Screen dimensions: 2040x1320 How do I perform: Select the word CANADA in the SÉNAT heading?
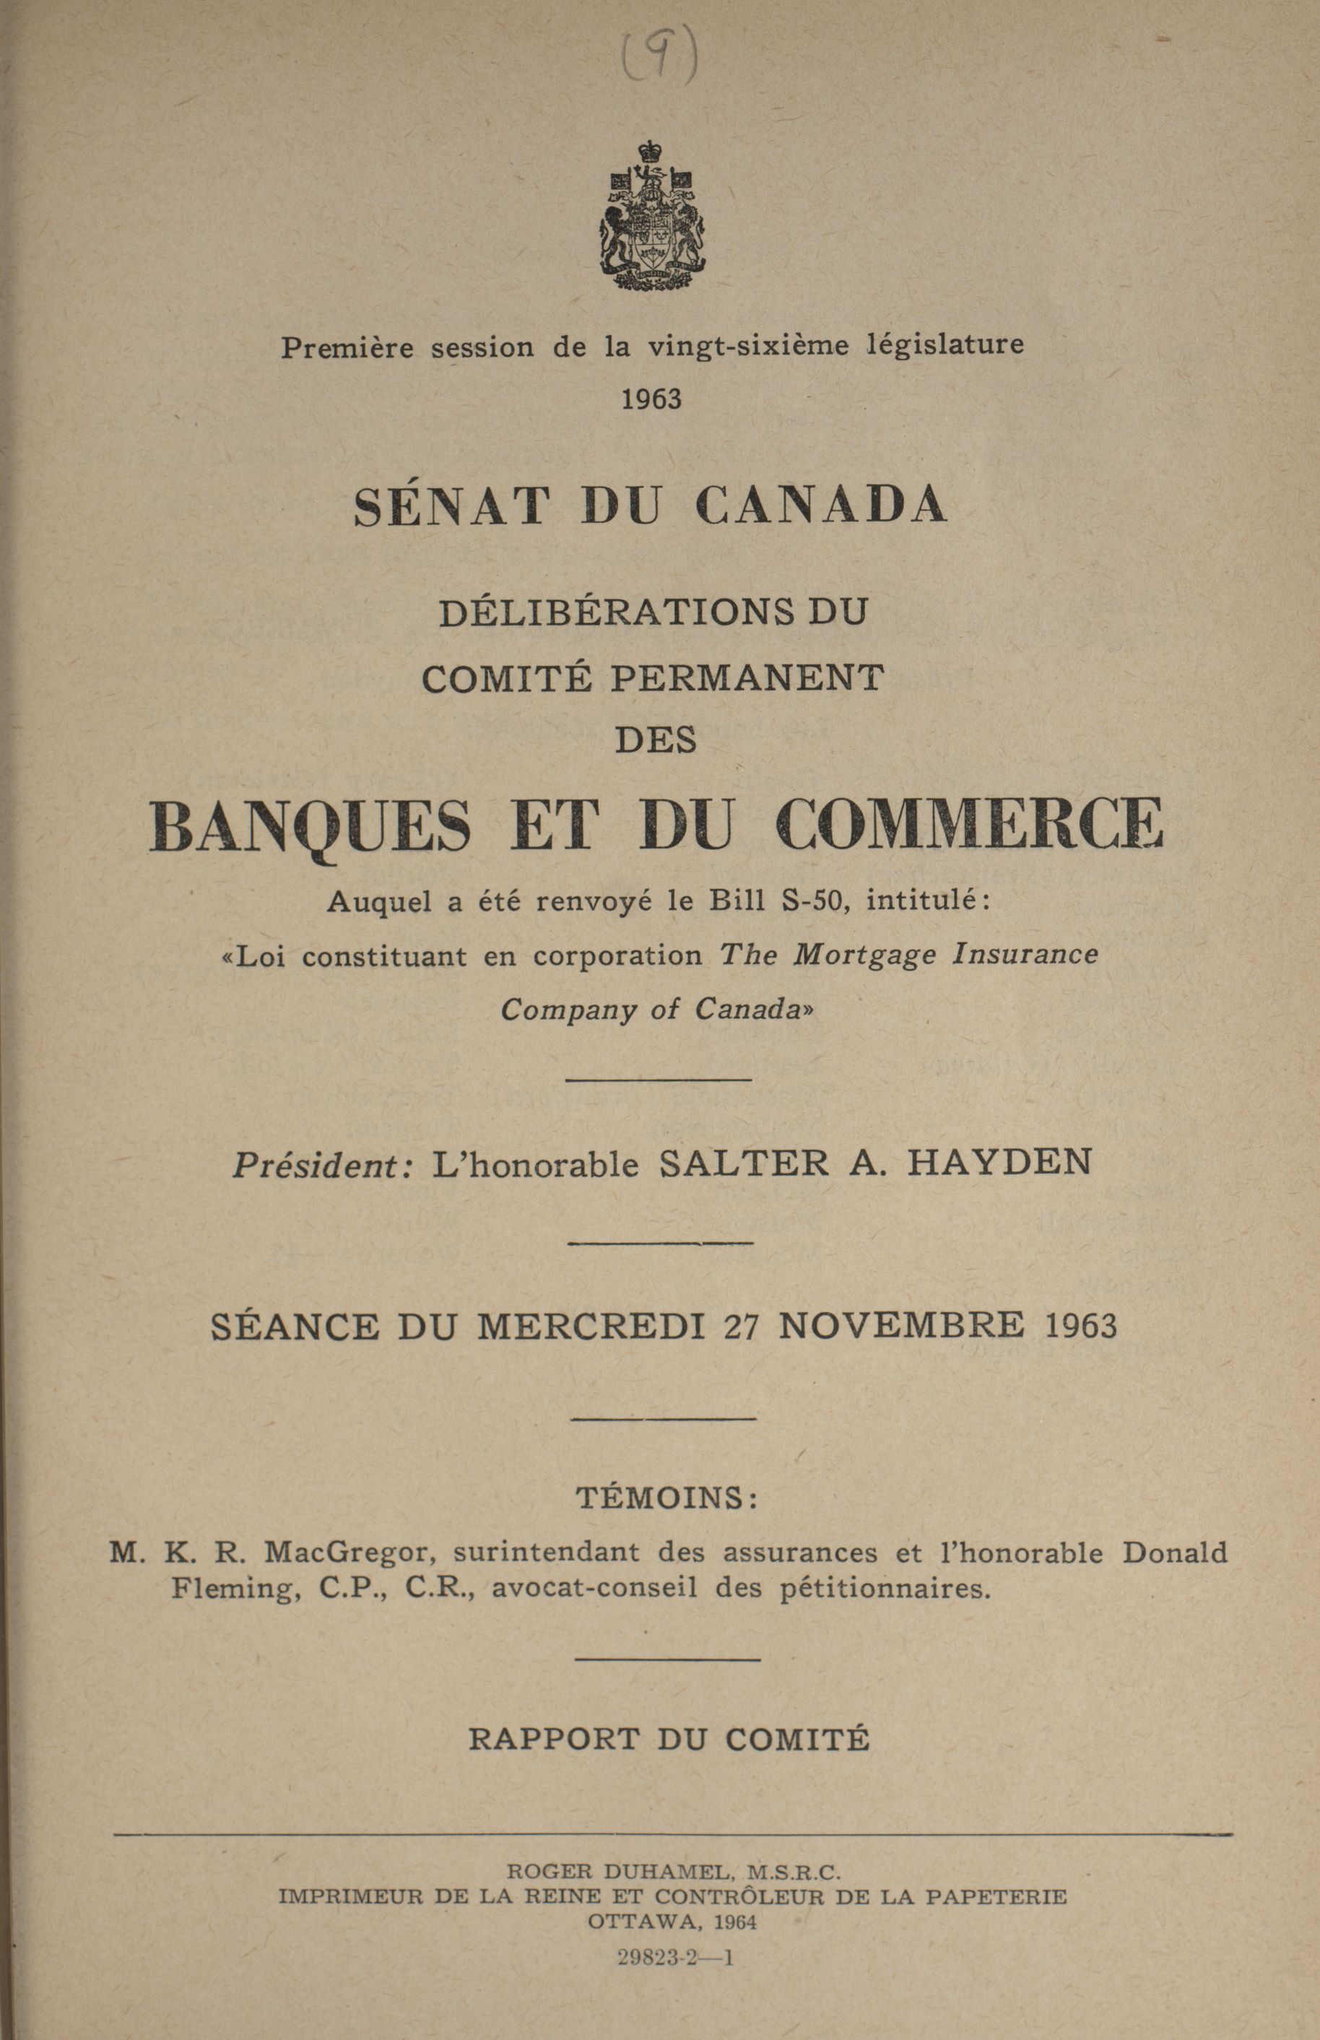820,505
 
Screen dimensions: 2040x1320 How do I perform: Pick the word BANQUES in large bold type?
311,826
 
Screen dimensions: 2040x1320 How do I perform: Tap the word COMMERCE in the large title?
970,825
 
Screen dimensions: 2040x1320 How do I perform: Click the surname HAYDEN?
999,1163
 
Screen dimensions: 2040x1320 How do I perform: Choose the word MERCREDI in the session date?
591,1327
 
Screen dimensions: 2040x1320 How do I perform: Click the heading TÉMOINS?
666,1498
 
